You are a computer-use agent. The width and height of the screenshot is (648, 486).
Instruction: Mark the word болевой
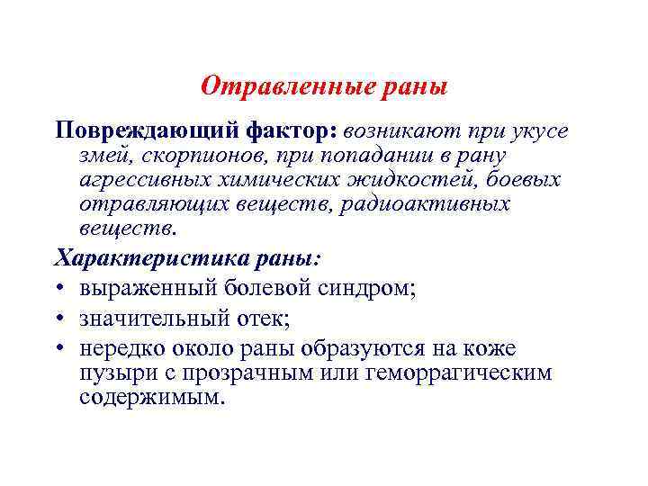271,290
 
